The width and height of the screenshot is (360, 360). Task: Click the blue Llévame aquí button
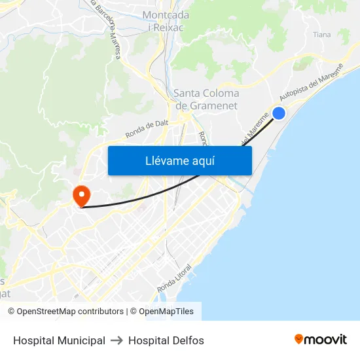point(179,160)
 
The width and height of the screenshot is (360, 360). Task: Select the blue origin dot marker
point(279,113)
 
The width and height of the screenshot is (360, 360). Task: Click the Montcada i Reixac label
point(166,21)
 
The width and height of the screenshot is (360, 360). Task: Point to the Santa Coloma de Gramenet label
point(206,99)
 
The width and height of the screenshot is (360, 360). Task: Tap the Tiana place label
point(321,35)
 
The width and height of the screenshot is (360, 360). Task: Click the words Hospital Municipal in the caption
point(59,340)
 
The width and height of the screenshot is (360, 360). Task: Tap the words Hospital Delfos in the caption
point(166,340)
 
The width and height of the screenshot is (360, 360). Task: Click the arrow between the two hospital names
point(117,340)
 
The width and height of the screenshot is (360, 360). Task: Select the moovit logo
point(321,339)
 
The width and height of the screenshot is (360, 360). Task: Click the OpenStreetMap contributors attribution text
point(70,312)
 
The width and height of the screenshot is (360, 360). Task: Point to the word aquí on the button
point(202,160)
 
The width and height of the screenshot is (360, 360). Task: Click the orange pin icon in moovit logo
point(299,339)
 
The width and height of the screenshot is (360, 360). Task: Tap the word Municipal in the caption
point(82,340)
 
